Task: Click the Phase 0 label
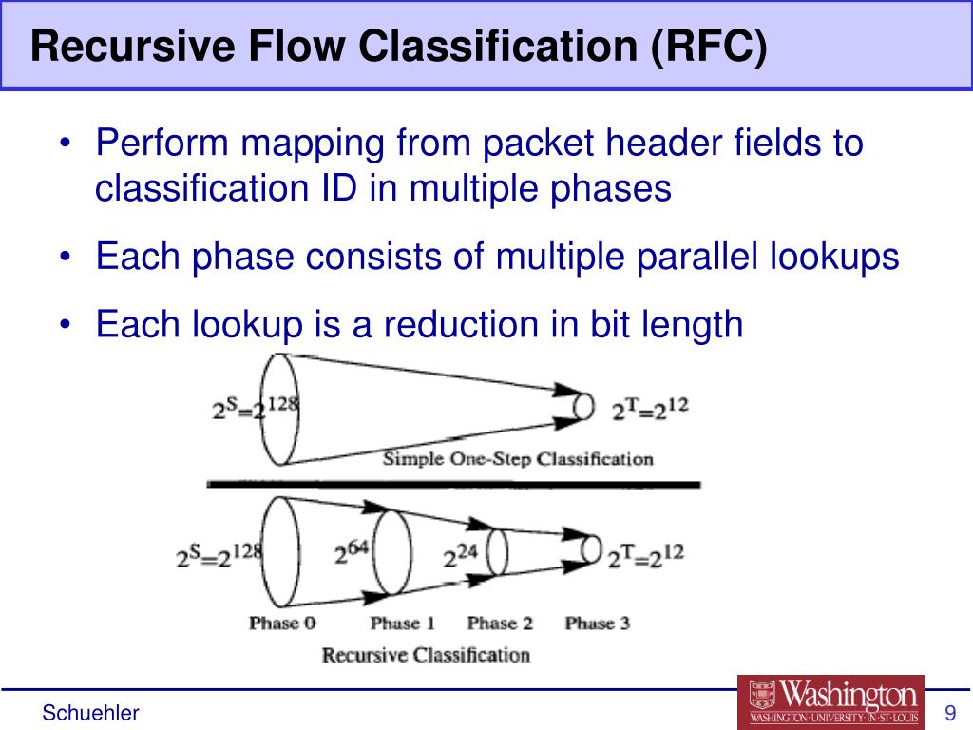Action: pos(281,624)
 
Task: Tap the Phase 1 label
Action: pos(402,624)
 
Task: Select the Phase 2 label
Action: pos(500,624)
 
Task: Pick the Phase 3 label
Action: pos(597,624)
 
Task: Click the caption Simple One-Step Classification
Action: pos(518,459)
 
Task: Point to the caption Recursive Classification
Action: pos(426,655)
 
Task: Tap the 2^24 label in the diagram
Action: pos(463,554)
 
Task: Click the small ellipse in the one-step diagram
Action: pos(585,407)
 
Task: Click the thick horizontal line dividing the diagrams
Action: pos(453,485)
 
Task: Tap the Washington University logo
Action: pos(830,701)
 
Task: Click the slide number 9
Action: pos(948,713)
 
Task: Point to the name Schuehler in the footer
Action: pos(91,713)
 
